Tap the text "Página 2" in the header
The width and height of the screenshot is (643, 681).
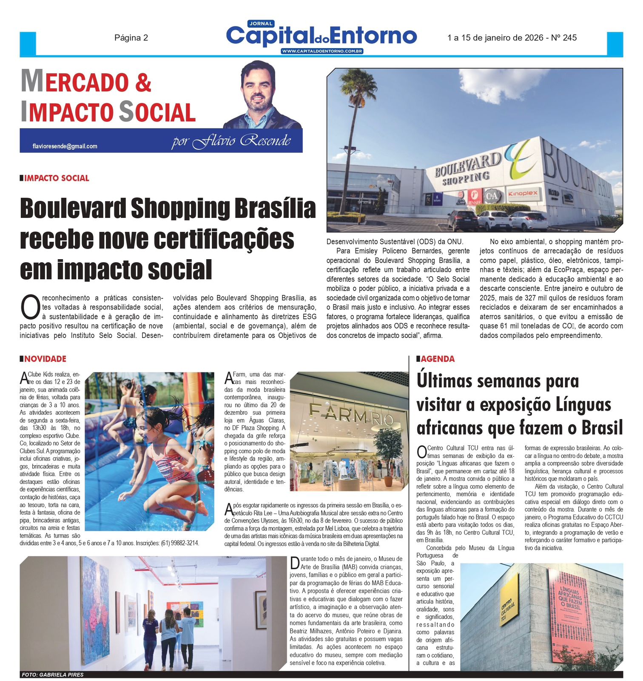tap(131, 38)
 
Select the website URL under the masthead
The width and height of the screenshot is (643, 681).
tap(321, 52)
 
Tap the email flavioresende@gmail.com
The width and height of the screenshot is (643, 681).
tap(65, 146)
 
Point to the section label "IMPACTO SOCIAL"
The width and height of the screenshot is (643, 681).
tap(57, 178)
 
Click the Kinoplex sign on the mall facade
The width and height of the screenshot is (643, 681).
tap(523, 194)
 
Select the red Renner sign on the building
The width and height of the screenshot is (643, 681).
tap(474, 197)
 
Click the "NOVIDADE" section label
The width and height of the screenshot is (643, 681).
tap(45, 359)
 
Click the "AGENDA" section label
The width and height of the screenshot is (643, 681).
tap(438, 359)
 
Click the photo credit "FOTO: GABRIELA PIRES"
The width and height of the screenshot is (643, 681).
tap(53, 675)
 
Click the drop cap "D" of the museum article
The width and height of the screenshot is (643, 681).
tap(295, 563)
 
